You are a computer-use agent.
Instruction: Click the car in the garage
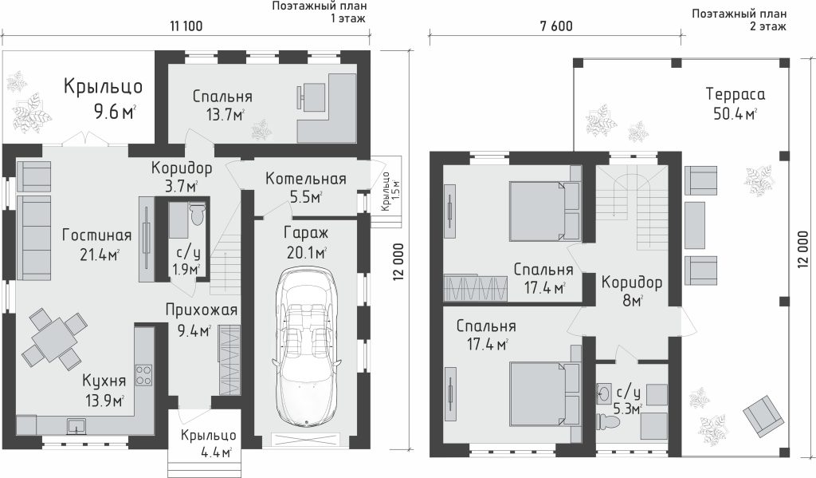pyautogui.click(x=306, y=347)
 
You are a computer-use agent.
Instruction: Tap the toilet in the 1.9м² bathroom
pyautogui.click(x=198, y=214)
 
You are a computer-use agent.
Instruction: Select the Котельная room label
pyautogui.click(x=305, y=179)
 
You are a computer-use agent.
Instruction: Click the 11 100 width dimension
pyautogui.click(x=186, y=26)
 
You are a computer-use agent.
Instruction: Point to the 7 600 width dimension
pyautogui.click(x=556, y=26)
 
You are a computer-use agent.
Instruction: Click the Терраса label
pyautogui.click(x=736, y=94)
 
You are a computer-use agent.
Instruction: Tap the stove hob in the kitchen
pyautogui.click(x=143, y=375)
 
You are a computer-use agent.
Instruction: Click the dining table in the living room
pyautogui.click(x=52, y=339)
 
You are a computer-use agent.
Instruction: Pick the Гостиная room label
pyautogui.click(x=96, y=235)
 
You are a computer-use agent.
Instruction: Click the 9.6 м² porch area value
pyautogui.click(x=115, y=112)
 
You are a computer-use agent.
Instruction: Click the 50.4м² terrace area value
pyautogui.click(x=735, y=113)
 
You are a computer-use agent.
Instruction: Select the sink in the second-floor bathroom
pyautogui.click(x=606, y=393)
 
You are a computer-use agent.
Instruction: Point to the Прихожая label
pyautogui.click(x=202, y=310)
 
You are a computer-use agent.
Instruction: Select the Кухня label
pyautogui.click(x=104, y=381)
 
